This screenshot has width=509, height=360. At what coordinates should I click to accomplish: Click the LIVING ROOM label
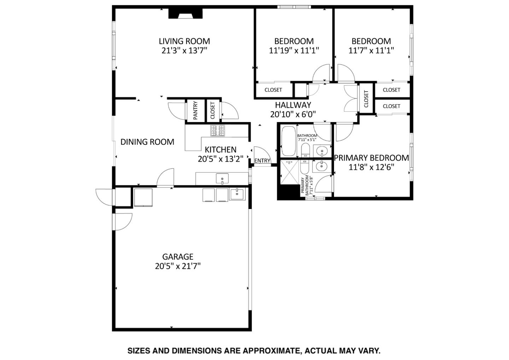click(184, 41)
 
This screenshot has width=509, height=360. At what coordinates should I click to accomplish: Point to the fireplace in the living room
click(185, 13)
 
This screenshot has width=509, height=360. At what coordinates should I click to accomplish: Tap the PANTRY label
click(195, 110)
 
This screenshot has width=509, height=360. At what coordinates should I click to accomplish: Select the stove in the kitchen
click(218, 131)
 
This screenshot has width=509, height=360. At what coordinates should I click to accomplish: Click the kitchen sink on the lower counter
click(222, 179)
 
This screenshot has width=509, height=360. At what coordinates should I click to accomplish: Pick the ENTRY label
click(262, 161)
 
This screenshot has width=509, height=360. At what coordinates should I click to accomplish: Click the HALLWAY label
click(293, 105)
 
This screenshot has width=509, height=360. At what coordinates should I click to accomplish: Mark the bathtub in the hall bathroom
click(289, 141)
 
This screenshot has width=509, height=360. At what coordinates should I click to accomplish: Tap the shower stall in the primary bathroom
click(289, 172)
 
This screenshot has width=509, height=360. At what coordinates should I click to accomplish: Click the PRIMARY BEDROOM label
click(371, 158)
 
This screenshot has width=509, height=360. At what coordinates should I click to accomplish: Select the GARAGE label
click(178, 257)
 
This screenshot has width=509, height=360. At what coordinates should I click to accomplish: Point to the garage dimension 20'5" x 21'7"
click(178, 266)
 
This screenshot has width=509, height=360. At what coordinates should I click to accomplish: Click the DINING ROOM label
click(147, 142)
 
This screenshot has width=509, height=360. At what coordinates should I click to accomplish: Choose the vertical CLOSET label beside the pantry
click(213, 110)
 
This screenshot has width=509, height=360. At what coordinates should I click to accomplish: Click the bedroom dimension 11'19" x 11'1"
click(294, 51)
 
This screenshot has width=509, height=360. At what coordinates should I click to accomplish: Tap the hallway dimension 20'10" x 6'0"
click(293, 114)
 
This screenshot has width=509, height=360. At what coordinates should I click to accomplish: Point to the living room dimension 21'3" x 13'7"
click(184, 51)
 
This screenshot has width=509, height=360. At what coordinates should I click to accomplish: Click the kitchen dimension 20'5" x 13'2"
click(221, 159)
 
